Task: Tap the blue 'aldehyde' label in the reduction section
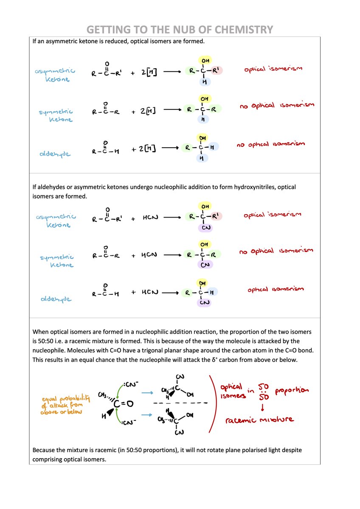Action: [56, 154]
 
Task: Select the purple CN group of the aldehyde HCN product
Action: [204, 302]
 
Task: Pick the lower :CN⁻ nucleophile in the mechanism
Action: [128, 423]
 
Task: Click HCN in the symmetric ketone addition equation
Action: [149, 255]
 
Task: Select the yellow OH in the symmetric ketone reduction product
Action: [204, 99]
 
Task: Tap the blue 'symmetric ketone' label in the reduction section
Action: [56, 115]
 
